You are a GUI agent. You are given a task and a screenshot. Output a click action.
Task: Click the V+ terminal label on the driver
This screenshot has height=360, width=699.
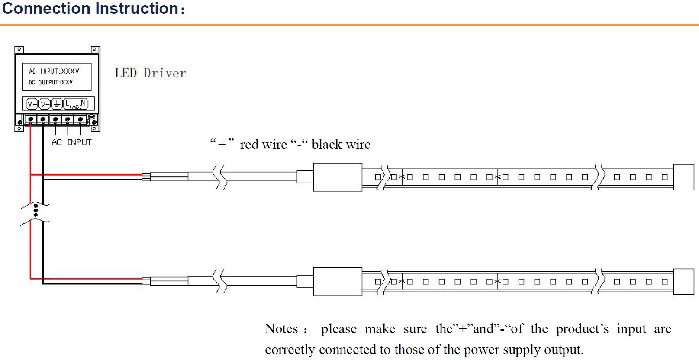point(32,104)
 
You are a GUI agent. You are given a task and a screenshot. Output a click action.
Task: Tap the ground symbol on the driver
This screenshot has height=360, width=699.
point(57,104)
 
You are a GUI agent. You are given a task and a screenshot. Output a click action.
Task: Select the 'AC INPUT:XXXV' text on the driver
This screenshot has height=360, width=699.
point(54,71)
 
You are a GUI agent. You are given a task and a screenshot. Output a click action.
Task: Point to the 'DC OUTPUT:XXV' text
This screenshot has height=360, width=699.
point(51,82)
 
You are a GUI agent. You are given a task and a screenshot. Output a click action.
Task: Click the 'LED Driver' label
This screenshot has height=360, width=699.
point(150,73)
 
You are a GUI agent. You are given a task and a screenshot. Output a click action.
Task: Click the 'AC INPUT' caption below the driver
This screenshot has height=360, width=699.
point(71,142)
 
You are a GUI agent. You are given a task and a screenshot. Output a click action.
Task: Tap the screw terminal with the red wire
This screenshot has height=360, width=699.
point(31,119)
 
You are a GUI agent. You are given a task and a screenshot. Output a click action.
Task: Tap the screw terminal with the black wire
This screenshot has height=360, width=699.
point(43,119)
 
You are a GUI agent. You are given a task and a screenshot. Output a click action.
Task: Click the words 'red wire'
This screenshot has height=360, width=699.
point(263,145)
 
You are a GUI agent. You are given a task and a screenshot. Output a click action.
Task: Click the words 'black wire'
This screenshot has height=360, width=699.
point(341,145)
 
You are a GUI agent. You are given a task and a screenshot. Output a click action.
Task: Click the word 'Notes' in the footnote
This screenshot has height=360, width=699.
point(281,329)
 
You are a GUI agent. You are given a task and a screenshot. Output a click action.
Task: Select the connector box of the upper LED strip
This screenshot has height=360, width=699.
point(338,177)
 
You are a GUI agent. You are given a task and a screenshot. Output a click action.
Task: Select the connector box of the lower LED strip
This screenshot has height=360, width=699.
point(338,281)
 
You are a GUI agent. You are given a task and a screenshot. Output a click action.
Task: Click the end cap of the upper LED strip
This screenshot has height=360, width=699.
point(683,177)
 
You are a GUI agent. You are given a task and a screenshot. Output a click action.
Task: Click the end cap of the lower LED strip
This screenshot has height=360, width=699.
point(683,281)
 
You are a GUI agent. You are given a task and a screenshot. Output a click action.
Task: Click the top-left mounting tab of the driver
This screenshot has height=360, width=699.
point(19,50)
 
